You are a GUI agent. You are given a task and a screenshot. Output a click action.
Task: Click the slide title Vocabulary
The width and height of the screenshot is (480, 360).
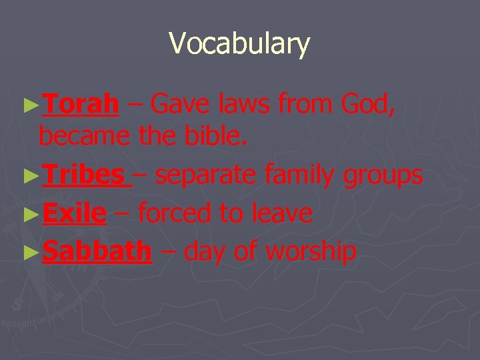[239, 44]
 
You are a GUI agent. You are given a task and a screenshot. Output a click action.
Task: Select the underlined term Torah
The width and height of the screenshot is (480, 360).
[81, 104]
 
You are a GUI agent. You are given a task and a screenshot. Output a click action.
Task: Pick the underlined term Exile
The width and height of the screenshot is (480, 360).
[73, 213]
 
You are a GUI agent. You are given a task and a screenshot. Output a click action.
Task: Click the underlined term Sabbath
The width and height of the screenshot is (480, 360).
[97, 251]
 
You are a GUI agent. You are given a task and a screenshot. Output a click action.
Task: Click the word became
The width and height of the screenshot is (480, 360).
[84, 137]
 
